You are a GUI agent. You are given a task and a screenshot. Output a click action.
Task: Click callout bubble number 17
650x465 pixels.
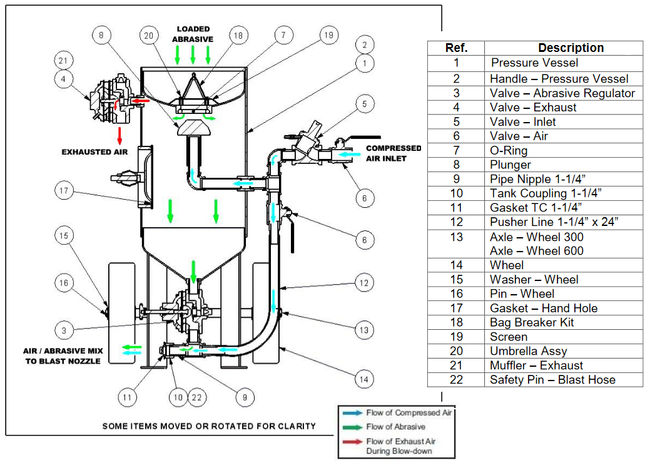click(64, 191)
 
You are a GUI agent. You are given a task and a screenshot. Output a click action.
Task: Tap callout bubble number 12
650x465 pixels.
click(364, 283)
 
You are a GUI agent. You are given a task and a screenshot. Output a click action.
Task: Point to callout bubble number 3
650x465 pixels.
click(64, 330)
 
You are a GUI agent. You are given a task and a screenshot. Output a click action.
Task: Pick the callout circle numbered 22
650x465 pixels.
click(197, 396)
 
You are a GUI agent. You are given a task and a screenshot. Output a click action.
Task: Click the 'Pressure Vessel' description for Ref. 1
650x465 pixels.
click(534, 63)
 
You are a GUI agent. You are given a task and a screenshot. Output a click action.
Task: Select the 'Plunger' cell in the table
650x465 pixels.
click(510, 165)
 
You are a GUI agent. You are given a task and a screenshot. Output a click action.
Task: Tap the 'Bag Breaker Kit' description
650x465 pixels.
click(532, 322)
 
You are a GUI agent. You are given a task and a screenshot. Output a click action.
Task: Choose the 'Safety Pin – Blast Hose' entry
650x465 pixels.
click(552, 379)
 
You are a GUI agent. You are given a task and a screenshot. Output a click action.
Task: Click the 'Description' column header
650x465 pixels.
click(571, 48)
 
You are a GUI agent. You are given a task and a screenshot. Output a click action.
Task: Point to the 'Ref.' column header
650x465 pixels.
click(456, 48)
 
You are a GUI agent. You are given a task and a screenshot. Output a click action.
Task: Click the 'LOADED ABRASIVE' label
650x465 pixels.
click(193, 34)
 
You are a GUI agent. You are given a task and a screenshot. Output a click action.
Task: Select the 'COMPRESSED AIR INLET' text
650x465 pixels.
click(394, 153)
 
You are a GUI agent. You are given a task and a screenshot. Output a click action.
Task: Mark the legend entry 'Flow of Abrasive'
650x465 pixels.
click(395, 427)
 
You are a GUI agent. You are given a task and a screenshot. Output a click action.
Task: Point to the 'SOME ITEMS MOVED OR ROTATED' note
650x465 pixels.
click(209, 426)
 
